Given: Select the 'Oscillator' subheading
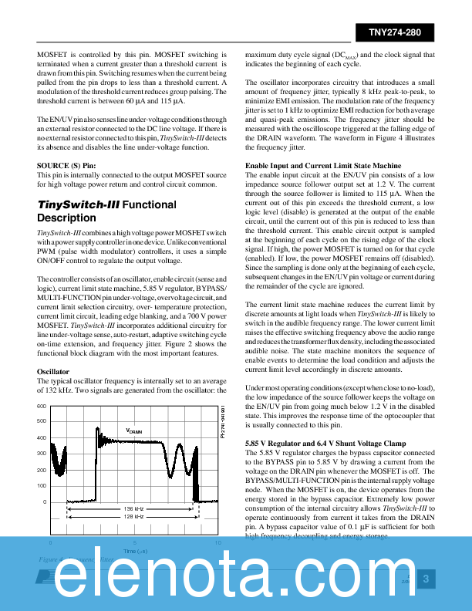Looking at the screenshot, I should coord(53,372).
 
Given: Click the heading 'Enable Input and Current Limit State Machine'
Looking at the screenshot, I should coord(323,166).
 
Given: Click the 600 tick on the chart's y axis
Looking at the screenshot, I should coord(42,406).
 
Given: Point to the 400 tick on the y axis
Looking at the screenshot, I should coord(42,437).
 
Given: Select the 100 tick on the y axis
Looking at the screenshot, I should coord(42,485).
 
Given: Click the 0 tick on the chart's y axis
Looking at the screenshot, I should coord(44,501).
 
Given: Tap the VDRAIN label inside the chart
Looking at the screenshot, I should coord(134,430).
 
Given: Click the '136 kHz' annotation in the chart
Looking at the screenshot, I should coord(134,509).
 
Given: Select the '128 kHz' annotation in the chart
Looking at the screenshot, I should coord(134,517).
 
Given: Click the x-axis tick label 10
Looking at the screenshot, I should coord(218,542).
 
